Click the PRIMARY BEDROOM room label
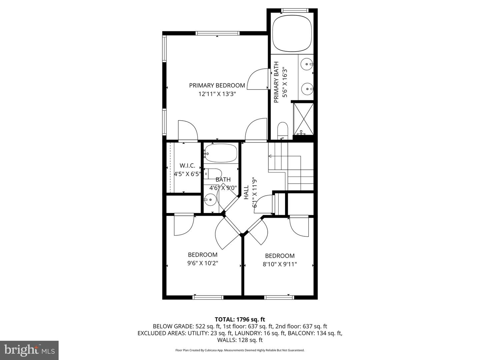point(217,85)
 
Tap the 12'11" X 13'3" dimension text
point(217,94)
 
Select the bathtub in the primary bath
point(292,33)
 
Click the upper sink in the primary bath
point(306,63)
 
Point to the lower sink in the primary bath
point(306,89)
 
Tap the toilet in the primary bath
point(282,130)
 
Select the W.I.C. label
point(187,165)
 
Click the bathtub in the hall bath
point(221,153)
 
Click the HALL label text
point(246,192)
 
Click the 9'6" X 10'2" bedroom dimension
point(203,263)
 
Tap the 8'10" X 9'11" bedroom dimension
point(280,264)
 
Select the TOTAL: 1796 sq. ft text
point(240,319)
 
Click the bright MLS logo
point(29,350)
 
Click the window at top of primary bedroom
point(217,33)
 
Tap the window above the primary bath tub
point(292,10)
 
